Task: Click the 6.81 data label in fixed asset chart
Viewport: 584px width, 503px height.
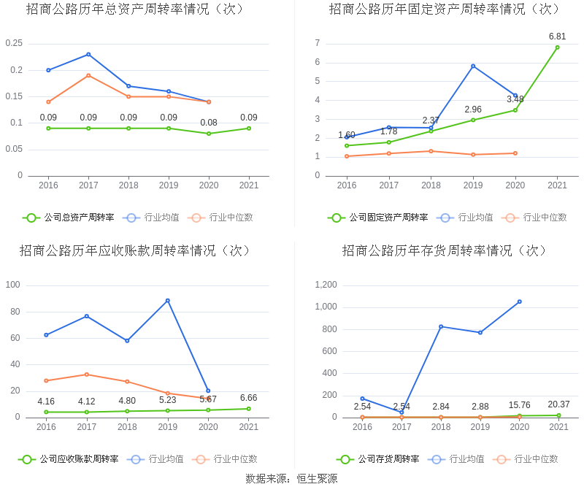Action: point(557,36)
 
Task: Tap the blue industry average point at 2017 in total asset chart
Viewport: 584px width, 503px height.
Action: point(88,54)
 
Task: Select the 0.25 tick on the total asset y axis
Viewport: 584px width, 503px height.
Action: point(14,44)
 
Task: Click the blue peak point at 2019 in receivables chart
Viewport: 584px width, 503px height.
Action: point(168,300)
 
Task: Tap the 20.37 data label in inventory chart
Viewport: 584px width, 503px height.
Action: point(558,404)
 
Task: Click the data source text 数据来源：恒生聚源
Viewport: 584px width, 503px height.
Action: point(291,479)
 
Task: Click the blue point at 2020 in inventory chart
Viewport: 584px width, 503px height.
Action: point(519,302)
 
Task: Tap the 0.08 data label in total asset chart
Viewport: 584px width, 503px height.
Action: point(209,123)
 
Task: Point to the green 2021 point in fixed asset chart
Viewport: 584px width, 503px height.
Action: point(557,47)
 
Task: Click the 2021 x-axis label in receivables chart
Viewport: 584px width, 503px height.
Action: point(249,427)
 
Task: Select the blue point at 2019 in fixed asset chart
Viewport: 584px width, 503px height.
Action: point(473,66)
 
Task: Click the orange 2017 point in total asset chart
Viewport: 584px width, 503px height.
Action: point(88,75)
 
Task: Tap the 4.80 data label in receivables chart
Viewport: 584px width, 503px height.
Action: point(128,401)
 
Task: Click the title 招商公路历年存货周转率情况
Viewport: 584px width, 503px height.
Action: point(445,250)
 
